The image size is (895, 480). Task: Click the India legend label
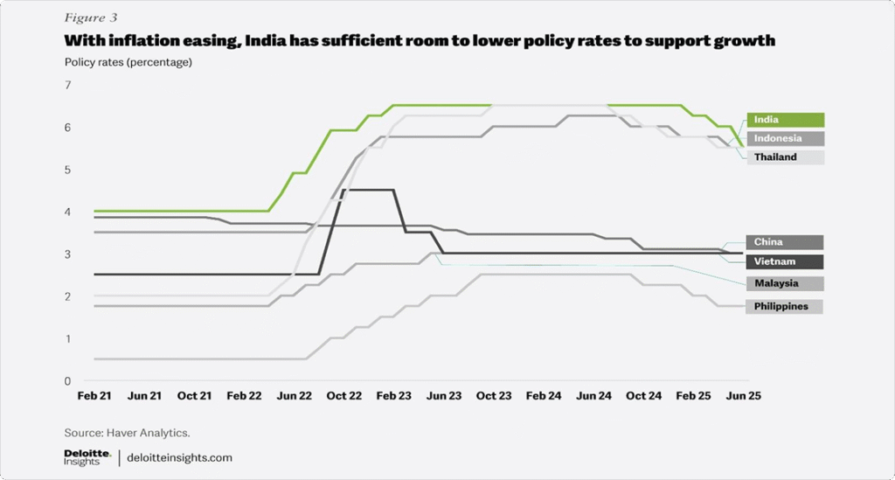click(x=784, y=120)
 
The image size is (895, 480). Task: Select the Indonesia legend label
click(x=784, y=138)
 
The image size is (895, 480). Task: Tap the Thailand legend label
click(x=784, y=157)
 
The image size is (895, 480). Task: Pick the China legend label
click(x=784, y=242)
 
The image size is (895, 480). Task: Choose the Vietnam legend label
click(x=784, y=261)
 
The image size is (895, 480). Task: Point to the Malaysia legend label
click(x=784, y=283)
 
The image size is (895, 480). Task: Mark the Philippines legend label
click(x=784, y=306)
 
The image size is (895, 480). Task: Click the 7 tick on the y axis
click(x=67, y=85)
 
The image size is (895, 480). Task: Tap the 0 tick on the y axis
click(x=67, y=380)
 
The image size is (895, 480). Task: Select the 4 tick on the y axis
click(x=67, y=212)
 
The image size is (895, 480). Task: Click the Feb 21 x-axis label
click(x=94, y=396)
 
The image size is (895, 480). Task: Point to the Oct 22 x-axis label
click(x=343, y=396)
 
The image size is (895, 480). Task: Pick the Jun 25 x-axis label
click(x=743, y=396)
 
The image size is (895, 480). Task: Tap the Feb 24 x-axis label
click(x=543, y=396)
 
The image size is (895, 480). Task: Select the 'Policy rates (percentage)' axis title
click(x=128, y=62)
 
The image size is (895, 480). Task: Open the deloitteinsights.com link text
click(x=180, y=457)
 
